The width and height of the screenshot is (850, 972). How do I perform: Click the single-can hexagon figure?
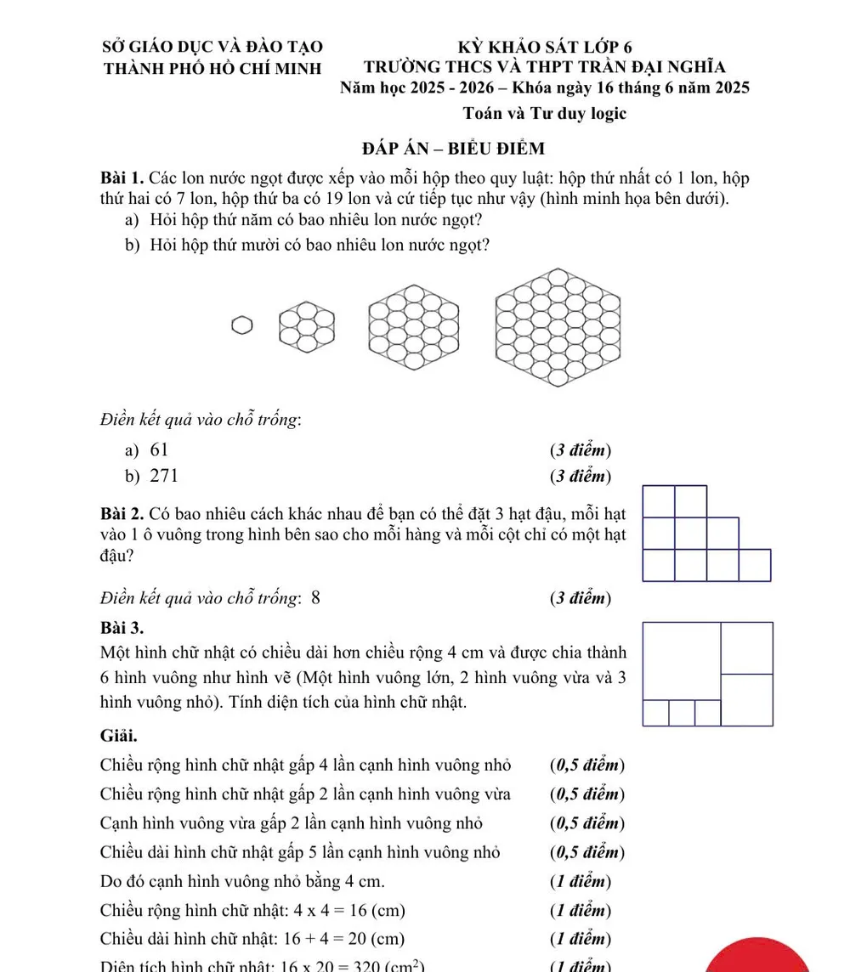242,325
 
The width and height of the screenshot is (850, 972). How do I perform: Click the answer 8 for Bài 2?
316,597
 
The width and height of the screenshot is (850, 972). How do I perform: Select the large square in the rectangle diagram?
682,660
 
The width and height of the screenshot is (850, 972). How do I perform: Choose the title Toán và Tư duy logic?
545,113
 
